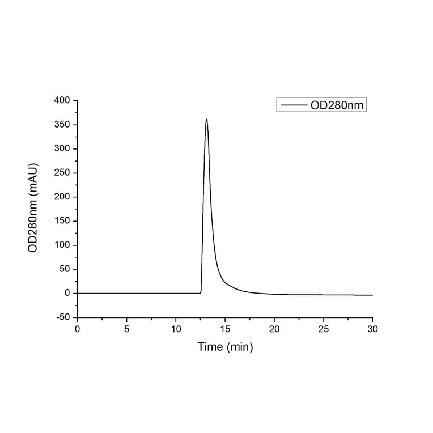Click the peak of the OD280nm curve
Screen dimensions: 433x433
[206, 119]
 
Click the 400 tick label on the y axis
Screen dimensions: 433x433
[62, 101]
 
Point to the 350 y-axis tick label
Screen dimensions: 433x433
[62, 125]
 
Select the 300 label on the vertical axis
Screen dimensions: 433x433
[62, 149]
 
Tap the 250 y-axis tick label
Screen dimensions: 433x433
[62, 173]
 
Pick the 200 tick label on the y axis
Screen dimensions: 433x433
[62, 197]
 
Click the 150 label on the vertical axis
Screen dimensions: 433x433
[62, 221]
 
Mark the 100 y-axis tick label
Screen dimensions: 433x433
[62, 245]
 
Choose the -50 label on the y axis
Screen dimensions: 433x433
[62, 317]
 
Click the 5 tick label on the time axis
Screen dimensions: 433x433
[127, 329]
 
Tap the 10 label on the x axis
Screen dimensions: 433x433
[176, 329]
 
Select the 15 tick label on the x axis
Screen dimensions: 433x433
[225, 329]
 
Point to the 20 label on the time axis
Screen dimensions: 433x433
[274, 329]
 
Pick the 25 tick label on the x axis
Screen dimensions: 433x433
[324, 329]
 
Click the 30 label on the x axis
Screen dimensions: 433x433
[373, 329]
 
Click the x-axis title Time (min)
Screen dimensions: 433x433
[225, 347]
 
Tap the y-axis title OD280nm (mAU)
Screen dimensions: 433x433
[33, 209]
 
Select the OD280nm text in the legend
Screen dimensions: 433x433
[337, 105]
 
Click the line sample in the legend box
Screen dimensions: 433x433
[294, 105]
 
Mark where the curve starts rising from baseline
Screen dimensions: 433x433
[201, 292]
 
